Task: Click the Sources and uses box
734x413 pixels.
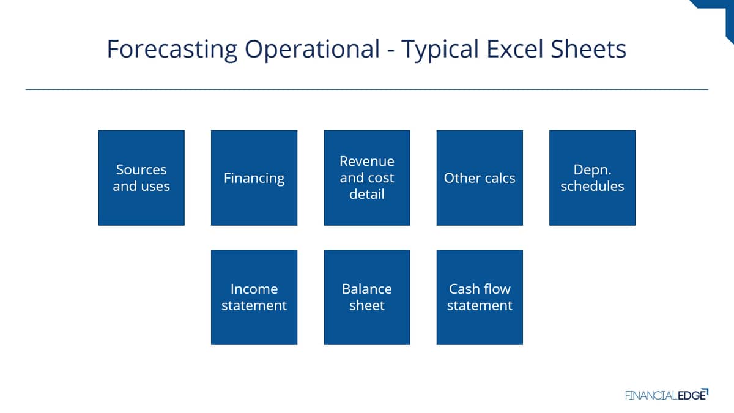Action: coord(141,177)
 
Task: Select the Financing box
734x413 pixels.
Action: coord(254,177)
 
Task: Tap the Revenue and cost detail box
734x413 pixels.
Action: coord(366,177)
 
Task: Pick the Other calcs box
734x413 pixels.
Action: coord(480,177)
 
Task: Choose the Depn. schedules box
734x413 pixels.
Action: coord(593,177)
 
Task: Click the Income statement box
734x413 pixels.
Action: coord(254,297)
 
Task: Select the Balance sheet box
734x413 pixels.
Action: coord(366,297)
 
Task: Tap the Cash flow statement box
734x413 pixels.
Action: coord(480,297)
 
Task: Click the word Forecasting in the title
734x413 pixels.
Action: coord(172,50)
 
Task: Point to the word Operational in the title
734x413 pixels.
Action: coord(313,50)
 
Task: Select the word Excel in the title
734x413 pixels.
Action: coord(515,49)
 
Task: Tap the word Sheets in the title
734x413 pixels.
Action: coord(588,49)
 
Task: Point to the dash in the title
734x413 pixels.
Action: coord(391,51)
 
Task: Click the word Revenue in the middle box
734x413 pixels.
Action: coord(366,162)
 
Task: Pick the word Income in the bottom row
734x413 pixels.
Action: coord(254,289)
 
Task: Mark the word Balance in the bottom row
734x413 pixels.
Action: coord(366,289)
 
